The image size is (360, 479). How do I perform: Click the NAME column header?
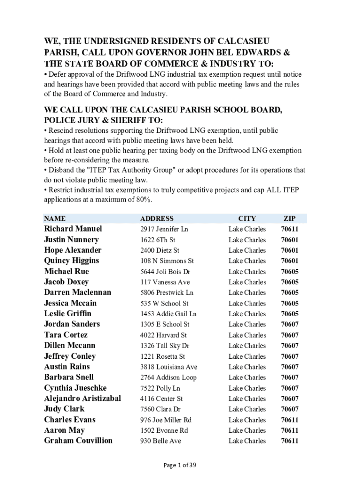(x=55, y=218)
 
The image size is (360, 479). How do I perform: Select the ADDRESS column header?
(x=157, y=218)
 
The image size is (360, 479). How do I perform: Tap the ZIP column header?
(x=289, y=218)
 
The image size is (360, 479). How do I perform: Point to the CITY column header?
(x=247, y=218)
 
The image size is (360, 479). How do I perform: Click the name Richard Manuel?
(x=73, y=229)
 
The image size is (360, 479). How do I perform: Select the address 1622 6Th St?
(x=158, y=240)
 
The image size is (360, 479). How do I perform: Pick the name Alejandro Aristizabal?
(x=82, y=399)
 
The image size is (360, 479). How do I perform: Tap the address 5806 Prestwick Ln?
(x=166, y=293)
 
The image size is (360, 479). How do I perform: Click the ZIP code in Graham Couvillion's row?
(x=289, y=441)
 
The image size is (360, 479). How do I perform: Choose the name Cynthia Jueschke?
(x=75, y=388)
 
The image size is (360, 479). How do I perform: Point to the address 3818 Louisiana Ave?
(x=168, y=367)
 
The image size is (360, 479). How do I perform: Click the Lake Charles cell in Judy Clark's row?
(x=247, y=409)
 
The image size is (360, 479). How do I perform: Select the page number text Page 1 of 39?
(x=180, y=465)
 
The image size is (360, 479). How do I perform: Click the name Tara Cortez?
(x=65, y=335)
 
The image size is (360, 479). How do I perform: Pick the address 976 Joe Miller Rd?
(x=166, y=420)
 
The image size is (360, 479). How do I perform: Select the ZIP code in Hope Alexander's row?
(x=289, y=250)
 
